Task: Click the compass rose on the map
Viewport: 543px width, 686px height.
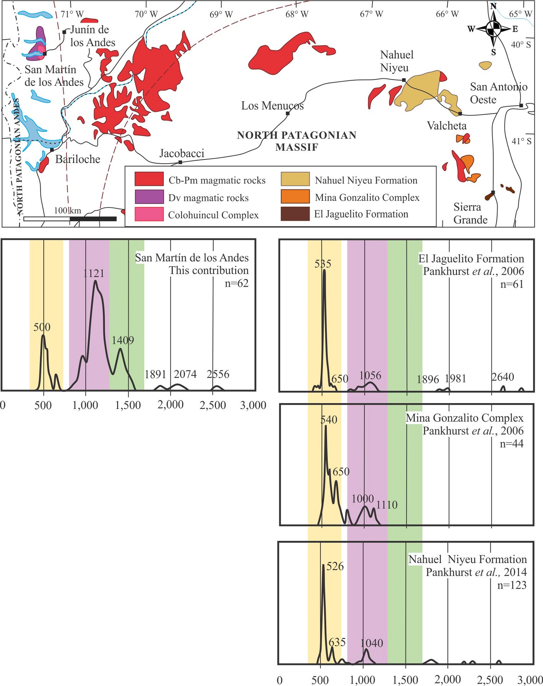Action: (x=493, y=29)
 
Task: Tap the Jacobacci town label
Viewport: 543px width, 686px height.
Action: (x=182, y=153)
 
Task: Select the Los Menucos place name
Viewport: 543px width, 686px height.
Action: (x=272, y=106)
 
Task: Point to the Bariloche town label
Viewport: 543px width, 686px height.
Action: (x=78, y=159)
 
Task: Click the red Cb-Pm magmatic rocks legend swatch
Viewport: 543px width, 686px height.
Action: (x=149, y=179)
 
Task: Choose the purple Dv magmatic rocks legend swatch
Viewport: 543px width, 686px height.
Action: (x=149, y=197)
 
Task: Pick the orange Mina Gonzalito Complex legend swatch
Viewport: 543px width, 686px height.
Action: (x=295, y=196)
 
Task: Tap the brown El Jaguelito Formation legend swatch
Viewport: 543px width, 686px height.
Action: (x=295, y=214)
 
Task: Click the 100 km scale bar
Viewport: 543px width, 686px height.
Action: (x=70, y=219)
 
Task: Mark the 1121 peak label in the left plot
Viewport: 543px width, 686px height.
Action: (x=94, y=273)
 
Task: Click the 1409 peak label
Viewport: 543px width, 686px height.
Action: (x=123, y=340)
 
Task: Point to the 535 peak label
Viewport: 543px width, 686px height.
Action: (x=323, y=264)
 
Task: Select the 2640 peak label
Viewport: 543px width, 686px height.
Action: (x=503, y=377)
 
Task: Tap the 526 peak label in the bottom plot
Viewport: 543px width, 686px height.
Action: (x=335, y=566)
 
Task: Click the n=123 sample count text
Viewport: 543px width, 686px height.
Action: (x=512, y=585)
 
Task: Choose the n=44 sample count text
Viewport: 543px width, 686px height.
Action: (x=512, y=443)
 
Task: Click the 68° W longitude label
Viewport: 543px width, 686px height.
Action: (x=296, y=14)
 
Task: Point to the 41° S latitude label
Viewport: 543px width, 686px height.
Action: (x=521, y=141)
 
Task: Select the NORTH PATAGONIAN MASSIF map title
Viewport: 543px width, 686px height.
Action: (x=296, y=141)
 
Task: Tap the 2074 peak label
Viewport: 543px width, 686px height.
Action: (x=185, y=374)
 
